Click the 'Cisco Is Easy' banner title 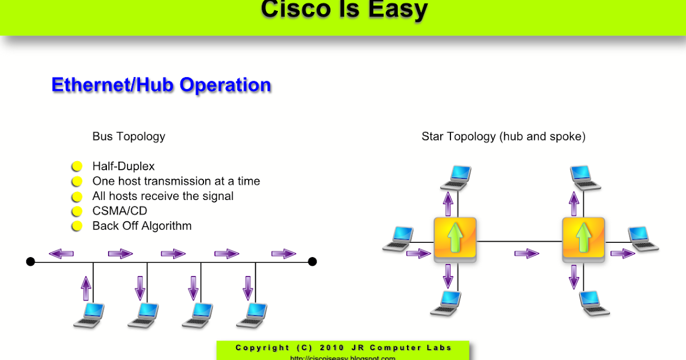point(344,10)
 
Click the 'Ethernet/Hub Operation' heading point(161,85)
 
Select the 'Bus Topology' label point(129,137)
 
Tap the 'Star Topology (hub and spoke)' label point(503,137)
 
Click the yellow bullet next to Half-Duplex point(77,166)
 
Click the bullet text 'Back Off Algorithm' point(142,226)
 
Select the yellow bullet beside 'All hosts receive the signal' point(77,196)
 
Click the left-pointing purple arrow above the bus point(61,254)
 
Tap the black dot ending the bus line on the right point(312,262)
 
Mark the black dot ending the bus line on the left point(31,262)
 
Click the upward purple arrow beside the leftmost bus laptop point(86,288)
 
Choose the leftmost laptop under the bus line point(90,315)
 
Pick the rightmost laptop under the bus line point(252,315)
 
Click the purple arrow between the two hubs point(527,254)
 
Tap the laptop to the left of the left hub point(398,238)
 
